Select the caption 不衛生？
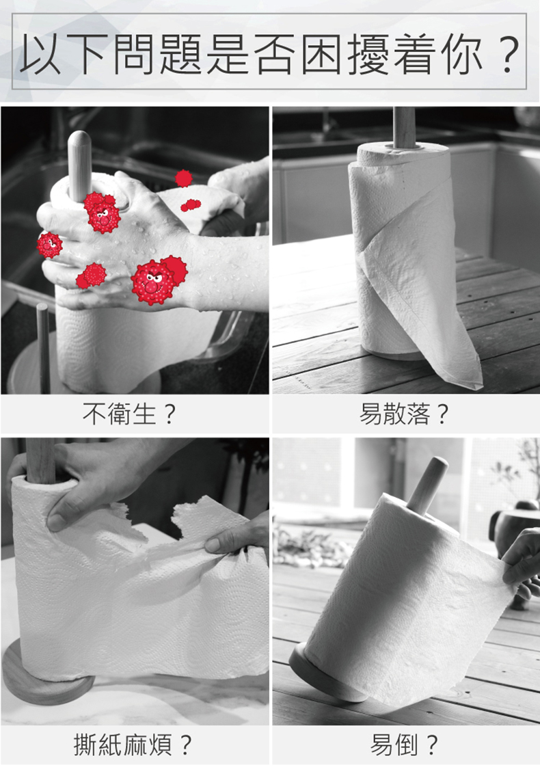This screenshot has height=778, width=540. (129, 414)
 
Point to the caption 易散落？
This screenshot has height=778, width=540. (404, 414)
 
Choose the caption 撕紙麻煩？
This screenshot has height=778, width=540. (133, 745)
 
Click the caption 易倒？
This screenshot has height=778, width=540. (404, 745)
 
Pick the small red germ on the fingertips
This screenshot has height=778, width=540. (49, 245)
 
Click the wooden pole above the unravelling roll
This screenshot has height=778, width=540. (404, 127)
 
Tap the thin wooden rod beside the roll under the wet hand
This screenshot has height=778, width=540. (44, 347)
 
